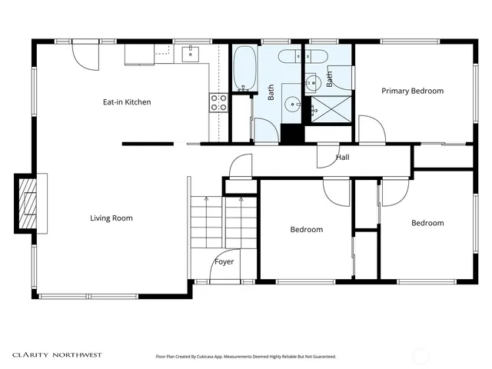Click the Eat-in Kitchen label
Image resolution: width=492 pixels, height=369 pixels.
click(127, 102)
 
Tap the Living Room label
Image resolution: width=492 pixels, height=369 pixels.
click(111, 218)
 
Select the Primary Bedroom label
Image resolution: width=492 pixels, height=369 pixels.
click(413, 91)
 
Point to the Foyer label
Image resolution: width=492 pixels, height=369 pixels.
click(224, 262)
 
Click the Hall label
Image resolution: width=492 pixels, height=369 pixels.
click(342, 158)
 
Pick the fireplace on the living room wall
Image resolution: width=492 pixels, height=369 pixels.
click(28, 203)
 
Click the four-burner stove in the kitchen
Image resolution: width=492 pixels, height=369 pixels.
click(218, 103)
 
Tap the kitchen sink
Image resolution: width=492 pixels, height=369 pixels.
click(191, 53)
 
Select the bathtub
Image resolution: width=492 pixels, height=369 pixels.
click(244, 69)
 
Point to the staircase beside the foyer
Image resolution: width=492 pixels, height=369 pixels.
click(222, 222)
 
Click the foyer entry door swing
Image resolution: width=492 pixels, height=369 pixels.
click(227, 263)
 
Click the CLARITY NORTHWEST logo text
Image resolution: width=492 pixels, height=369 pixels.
click(56, 355)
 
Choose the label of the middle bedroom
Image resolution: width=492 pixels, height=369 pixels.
click(306, 229)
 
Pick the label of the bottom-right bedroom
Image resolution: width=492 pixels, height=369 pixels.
click(427, 223)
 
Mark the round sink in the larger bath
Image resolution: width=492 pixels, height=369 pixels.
click(292, 105)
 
